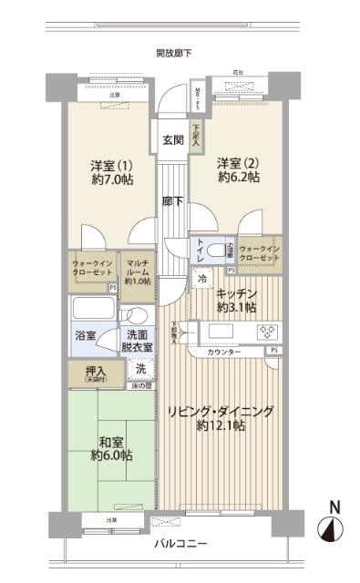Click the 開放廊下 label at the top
[x=174, y=54]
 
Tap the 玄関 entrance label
[x=173, y=140]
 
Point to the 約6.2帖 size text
[x=239, y=178]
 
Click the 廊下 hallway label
[x=172, y=201]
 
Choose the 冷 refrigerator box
[x=202, y=281]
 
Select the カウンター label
[x=224, y=351]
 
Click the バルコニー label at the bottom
[x=181, y=544]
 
